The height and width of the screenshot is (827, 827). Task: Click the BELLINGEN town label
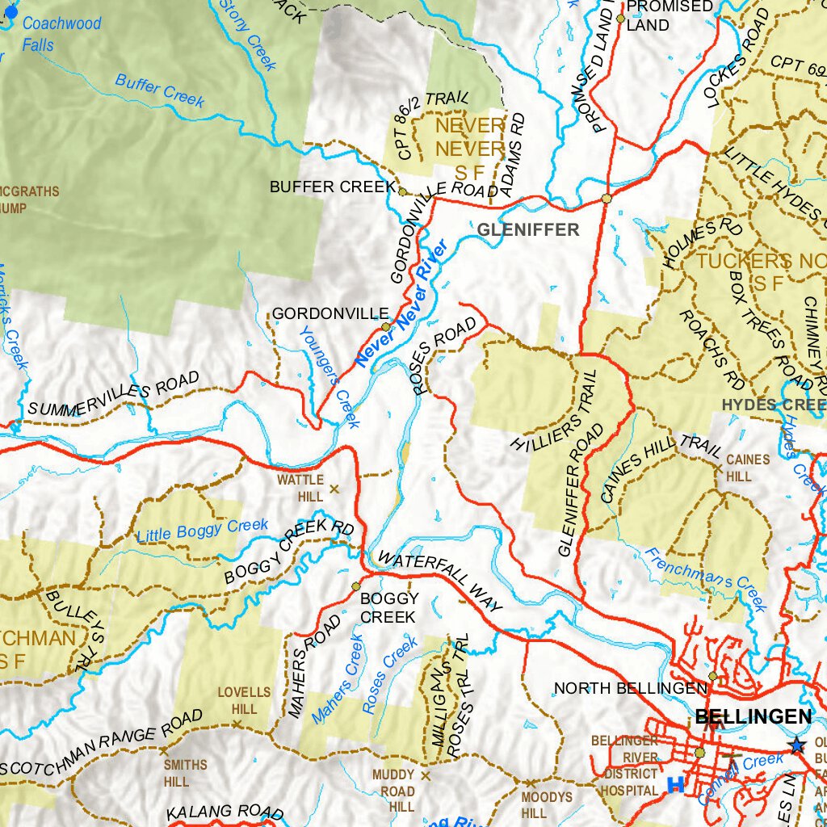[x=753, y=716]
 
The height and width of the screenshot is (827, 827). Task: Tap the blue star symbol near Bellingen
[x=798, y=745]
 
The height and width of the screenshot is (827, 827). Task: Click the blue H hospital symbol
[x=675, y=783]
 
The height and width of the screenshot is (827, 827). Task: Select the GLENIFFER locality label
[x=527, y=230]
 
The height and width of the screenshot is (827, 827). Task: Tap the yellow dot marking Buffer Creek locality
[x=403, y=191]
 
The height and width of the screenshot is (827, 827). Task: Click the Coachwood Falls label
[x=61, y=34]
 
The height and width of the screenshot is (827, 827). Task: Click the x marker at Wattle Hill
[x=333, y=489]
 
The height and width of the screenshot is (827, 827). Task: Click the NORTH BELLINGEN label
[x=630, y=688]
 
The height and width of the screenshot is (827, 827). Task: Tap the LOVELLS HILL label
[x=244, y=700]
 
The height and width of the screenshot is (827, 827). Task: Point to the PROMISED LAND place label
[x=670, y=15]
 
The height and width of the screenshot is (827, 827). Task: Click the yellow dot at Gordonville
[x=386, y=327]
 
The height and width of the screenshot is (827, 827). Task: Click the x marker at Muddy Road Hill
[x=426, y=775]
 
